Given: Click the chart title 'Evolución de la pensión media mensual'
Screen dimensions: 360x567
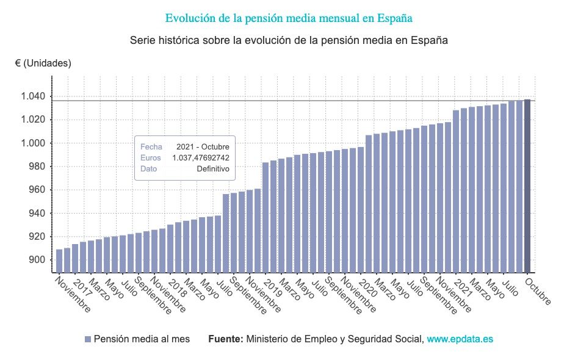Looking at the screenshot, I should pos(289,18).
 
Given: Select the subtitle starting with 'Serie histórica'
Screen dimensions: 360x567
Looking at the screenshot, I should pos(289,41).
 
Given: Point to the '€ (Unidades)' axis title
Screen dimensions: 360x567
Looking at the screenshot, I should pos(43,63).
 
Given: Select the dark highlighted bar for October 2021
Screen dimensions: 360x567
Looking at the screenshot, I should pos(527,186).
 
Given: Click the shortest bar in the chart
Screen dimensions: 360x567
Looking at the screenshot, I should pos(59,261).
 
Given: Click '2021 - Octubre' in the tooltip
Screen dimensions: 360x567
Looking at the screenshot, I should pos(203,147).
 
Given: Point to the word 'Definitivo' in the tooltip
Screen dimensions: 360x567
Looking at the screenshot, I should pos(213,169).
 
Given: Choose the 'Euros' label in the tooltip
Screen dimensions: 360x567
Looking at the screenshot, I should pos(151,158).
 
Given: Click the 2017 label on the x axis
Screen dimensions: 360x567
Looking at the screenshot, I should pos(81,288).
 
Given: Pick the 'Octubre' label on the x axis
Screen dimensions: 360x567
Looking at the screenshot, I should pos(538,293).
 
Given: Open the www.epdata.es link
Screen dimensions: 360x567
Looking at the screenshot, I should pos(460,339).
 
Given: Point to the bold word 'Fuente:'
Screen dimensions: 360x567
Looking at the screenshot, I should pos(226,339).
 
